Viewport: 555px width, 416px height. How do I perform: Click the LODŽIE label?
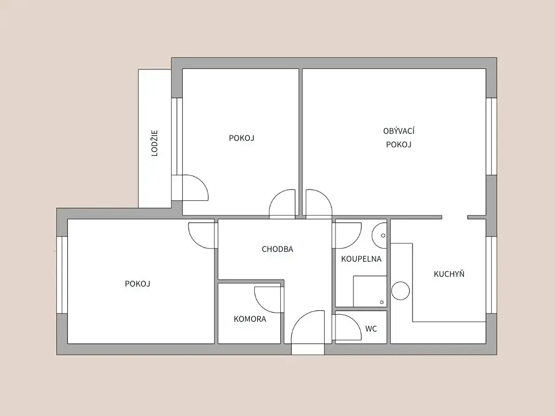point(154,143)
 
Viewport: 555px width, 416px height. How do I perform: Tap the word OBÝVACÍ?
point(399,131)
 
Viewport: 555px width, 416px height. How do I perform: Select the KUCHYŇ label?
point(449,274)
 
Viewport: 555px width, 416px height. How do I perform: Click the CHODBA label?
point(277,249)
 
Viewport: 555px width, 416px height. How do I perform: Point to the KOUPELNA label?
point(362,259)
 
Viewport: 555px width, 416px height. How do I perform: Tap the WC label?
point(371,329)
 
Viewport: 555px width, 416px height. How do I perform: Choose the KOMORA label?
point(250,319)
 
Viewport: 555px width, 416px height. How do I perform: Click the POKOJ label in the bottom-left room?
point(138,284)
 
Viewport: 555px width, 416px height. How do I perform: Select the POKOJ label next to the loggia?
point(242,138)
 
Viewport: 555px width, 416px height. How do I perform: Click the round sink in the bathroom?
point(379,235)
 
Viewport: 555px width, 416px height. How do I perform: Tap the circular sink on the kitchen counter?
point(401,291)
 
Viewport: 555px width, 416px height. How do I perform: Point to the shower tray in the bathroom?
point(370,291)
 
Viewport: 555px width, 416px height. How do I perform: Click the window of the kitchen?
point(491,275)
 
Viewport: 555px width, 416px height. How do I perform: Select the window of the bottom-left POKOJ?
point(62,275)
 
